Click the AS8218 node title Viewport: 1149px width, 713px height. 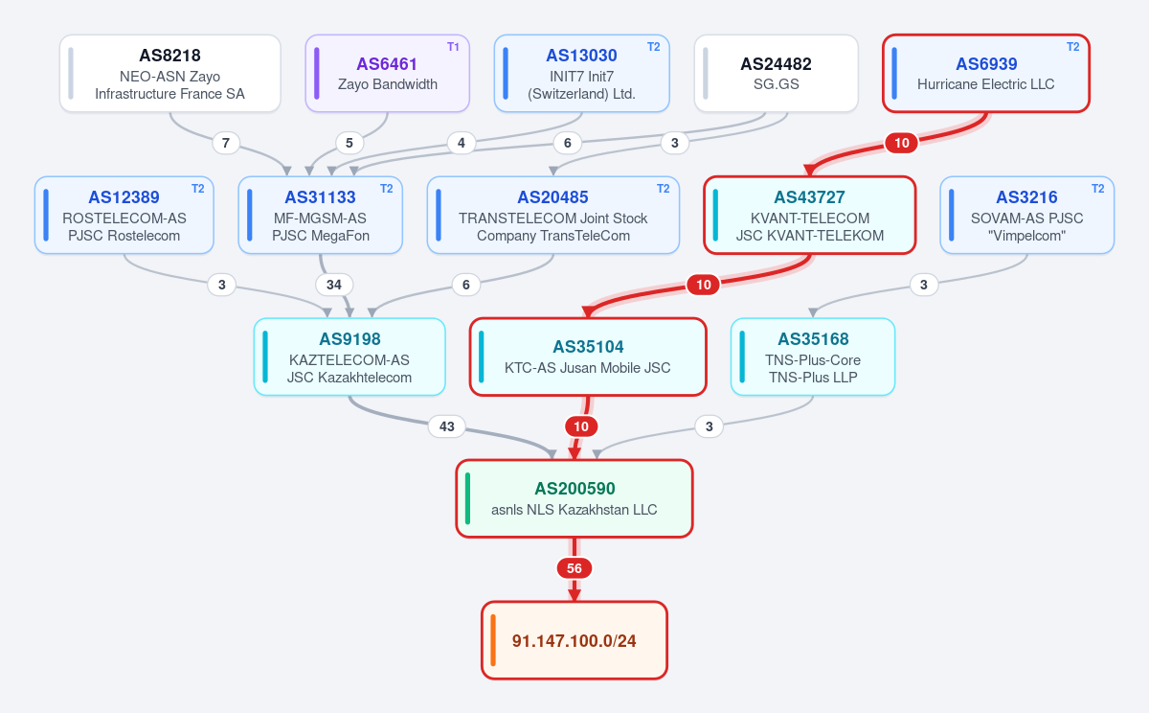coord(169,56)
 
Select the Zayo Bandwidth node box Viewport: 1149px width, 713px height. coord(387,74)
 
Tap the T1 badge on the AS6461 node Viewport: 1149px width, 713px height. coord(453,47)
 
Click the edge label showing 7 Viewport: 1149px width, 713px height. coord(226,143)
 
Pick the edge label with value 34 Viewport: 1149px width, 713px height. coord(334,285)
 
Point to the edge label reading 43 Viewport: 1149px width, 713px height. coord(447,426)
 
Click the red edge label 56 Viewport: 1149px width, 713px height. coord(574,568)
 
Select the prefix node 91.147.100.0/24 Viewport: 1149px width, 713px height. coord(574,640)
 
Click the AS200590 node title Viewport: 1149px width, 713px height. coord(574,489)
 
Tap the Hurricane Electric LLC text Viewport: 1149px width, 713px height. coord(986,84)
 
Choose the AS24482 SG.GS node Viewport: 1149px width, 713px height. coord(777,74)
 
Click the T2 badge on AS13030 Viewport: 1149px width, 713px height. coord(653,47)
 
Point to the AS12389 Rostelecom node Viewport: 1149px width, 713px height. coord(124,215)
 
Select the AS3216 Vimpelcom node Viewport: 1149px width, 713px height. coord(1026,215)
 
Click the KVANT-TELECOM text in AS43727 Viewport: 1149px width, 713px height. coord(810,218)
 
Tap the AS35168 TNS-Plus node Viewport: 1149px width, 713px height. coord(813,356)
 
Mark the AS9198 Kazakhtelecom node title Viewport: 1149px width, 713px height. coord(349,339)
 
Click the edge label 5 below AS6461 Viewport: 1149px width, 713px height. coord(349,143)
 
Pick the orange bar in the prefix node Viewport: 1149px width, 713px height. coord(493,640)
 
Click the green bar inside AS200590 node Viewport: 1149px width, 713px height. coord(467,498)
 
